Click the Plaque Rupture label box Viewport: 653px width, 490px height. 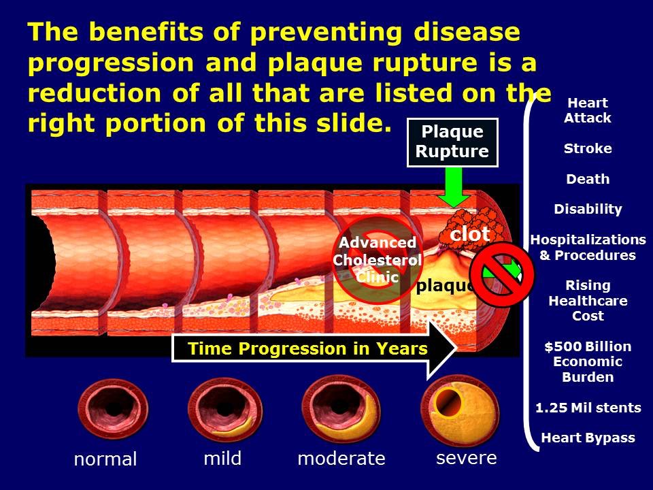(x=452, y=142)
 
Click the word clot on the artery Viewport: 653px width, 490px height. (x=470, y=234)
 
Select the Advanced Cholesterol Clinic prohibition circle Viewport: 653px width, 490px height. (x=377, y=259)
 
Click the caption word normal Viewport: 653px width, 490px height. (x=105, y=459)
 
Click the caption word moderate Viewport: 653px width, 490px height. (x=341, y=459)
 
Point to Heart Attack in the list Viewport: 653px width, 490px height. (x=588, y=110)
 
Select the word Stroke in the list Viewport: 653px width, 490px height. (x=588, y=148)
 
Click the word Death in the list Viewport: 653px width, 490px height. (x=588, y=180)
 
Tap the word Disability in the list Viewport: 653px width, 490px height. (x=588, y=210)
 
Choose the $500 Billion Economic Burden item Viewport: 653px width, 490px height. (x=588, y=361)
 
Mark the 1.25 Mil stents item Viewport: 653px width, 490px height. (x=588, y=408)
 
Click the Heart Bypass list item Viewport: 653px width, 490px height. (x=588, y=438)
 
